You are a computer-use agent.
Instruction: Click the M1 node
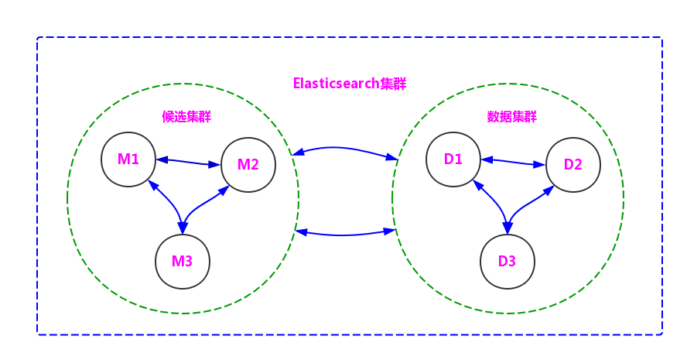(x=128, y=159)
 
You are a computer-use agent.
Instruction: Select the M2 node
(x=248, y=164)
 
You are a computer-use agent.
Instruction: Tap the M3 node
(x=182, y=261)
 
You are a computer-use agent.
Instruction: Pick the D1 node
(x=453, y=159)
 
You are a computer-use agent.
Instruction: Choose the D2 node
(x=572, y=164)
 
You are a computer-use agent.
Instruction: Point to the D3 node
(x=507, y=261)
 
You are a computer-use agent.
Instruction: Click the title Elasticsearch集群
(x=350, y=84)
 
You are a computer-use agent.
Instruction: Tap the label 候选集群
(x=186, y=117)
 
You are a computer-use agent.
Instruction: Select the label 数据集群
(x=511, y=117)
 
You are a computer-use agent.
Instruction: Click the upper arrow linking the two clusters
(x=345, y=148)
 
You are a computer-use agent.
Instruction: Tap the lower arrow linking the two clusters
(x=346, y=234)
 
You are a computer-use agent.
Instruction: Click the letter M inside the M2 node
(x=243, y=164)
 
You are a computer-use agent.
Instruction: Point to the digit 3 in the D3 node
(x=512, y=261)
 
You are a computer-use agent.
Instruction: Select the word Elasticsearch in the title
(x=336, y=84)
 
